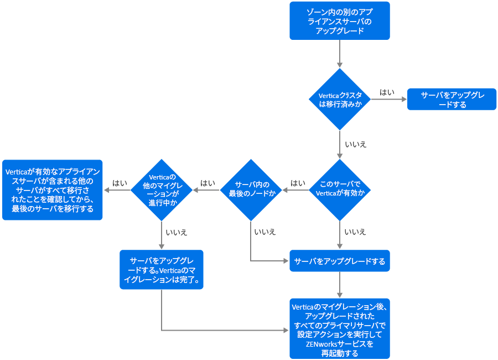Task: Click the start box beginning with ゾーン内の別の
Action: tap(339, 20)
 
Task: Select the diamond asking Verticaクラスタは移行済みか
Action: tap(339, 100)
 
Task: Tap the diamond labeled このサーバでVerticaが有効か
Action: tap(339, 190)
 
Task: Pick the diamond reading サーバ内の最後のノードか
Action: tap(252, 190)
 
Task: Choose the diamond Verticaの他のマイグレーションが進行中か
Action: tap(162, 190)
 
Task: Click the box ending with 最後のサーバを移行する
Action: tap(52, 190)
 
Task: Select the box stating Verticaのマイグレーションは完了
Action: tap(162, 270)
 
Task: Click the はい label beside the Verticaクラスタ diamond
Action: tap(387, 92)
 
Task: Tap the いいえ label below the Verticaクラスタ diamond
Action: tap(355, 144)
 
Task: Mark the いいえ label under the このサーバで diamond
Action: tap(355, 232)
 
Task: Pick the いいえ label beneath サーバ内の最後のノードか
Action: tap(265, 232)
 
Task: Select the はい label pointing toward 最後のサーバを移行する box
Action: tap(120, 182)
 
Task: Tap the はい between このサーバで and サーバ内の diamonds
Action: tap(298, 182)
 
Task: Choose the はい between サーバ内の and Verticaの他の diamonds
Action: tap(208, 182)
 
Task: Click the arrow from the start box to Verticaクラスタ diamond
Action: tap(339, 54)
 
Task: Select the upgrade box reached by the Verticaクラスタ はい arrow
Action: tap(452, 100)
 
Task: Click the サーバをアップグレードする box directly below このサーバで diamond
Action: tap(339, 261)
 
